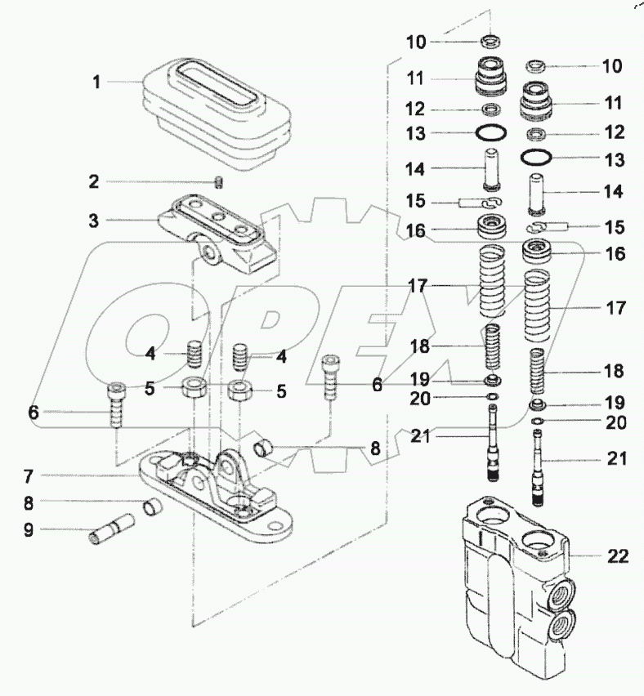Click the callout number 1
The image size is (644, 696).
click(96, 82)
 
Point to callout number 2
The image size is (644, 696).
click(95, 181)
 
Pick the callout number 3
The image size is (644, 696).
click(95, 221)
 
